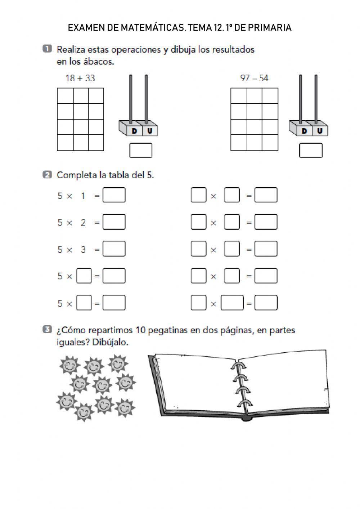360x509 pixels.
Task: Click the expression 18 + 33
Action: (x=80, y=78)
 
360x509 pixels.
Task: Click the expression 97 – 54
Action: (x=254, y=78)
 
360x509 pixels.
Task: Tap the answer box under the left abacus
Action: (x=141, y=151)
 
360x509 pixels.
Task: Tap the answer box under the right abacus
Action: (x=311, y=151)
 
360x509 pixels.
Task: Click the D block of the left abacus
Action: (x=134, y=131)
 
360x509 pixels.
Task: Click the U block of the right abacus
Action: (x=320, y=131)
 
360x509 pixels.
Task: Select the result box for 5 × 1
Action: (x=114, y=195)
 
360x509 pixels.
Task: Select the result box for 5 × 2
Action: (x=114, y=222)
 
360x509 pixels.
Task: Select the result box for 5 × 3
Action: (x=114, y=249)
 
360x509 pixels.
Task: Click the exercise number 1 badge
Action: (x=47, y=49)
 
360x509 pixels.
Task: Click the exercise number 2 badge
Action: (x=47, y=175)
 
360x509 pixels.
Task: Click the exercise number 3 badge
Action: (x=47, y=329)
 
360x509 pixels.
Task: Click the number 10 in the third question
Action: (x=141, y=330)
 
